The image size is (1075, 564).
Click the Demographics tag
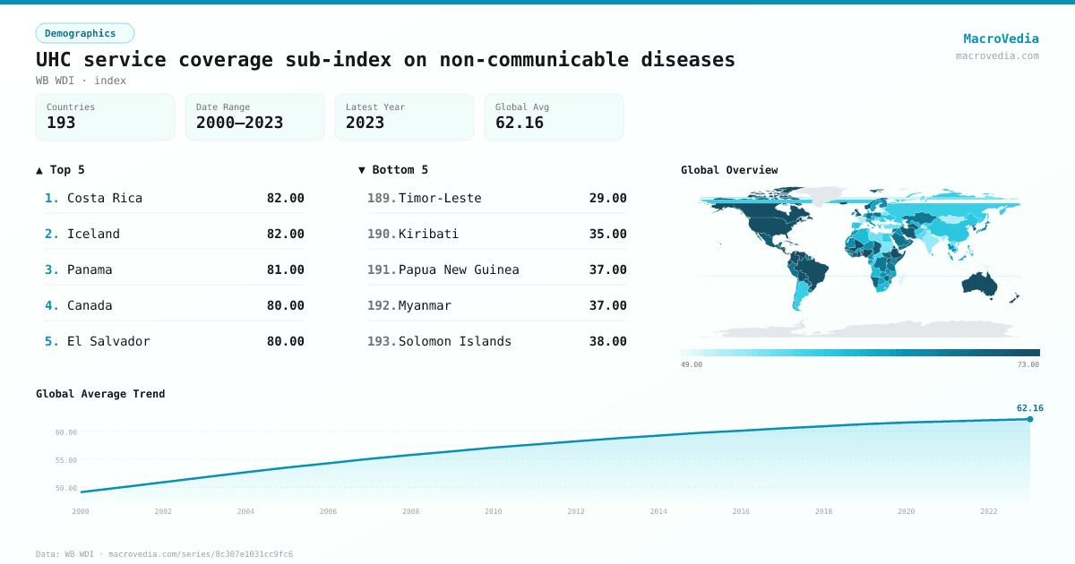pos(84,33)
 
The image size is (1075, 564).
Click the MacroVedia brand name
pos(1001,38)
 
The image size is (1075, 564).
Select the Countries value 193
pos(61,123)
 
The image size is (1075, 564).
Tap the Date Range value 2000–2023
pos(239,123)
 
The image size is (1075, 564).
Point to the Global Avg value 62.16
pos(520,123)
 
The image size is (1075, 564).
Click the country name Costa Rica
pos(105,198)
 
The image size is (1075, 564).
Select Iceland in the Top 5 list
pos(93,234)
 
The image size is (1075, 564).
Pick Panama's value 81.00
pos(285,269)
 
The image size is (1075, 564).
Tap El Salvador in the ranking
pos(108,341)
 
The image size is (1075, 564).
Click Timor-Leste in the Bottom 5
pos(440,198)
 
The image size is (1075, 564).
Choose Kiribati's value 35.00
pos(607,234)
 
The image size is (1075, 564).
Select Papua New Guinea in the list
pos(459,269)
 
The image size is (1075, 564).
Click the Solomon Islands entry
pos(455,341)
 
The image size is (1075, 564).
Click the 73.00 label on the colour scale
pos(1028,364)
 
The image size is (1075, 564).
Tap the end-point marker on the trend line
pos(1030,419)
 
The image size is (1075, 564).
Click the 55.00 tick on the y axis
pos(66,460)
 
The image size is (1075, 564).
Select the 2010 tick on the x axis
pos(494,511)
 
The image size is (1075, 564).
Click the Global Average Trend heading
pos(100,394)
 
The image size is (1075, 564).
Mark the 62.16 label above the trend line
pos(1029,407)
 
